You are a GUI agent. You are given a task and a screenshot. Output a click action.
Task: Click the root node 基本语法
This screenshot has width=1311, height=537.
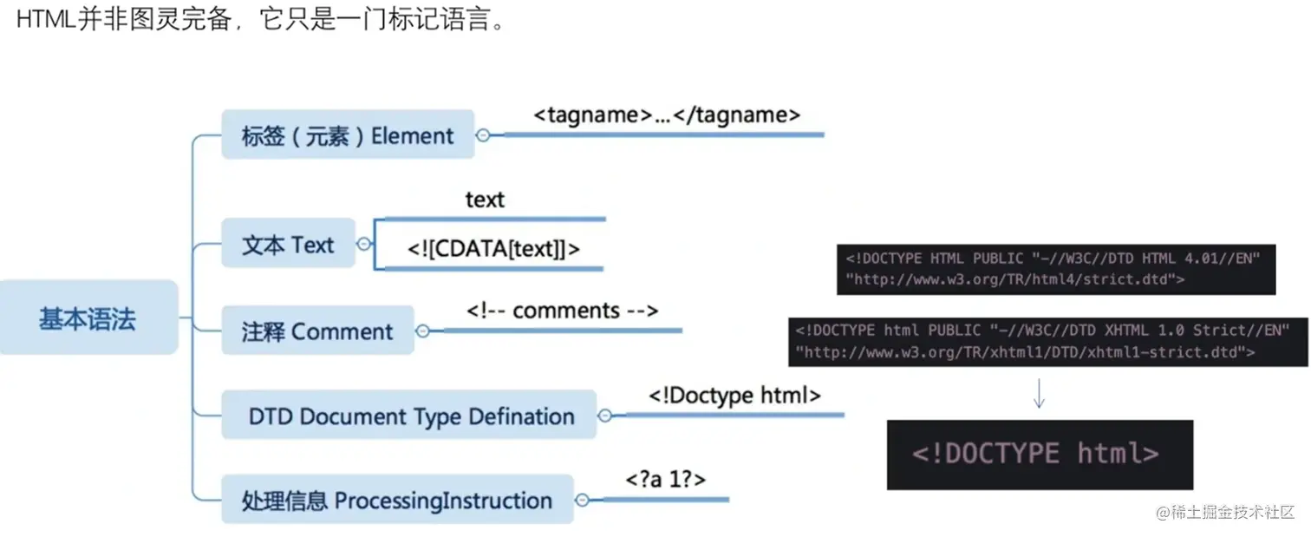[x=88, y=318]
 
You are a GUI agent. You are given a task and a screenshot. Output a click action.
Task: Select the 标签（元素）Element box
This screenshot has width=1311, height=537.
[x=348, y=135]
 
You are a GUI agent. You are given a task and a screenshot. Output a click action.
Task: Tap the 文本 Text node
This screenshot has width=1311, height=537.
[x=288, y=245]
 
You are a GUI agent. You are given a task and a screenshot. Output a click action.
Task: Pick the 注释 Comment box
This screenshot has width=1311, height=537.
[x=317, y=331]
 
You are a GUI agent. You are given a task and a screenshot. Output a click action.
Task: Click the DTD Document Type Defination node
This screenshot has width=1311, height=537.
[x=411, y=416]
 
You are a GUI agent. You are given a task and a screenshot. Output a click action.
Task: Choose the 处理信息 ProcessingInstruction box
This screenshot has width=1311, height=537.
[x=397, y=501]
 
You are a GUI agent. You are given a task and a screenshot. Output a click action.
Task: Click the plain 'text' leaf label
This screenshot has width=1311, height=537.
[x=485, y=200]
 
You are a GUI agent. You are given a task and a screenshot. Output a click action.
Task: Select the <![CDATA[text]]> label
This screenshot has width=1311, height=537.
[x=493, y=249]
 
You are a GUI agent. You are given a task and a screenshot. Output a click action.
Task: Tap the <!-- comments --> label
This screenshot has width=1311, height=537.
[x=563, y=311]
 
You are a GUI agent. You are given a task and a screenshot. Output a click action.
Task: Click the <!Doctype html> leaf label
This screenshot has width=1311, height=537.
[x=734, y=396]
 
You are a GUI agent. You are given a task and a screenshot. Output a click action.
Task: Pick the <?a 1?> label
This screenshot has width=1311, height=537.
[x=665, y=478]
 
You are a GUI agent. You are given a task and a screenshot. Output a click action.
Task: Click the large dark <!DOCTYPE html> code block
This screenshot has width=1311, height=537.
[x=1040, y=454]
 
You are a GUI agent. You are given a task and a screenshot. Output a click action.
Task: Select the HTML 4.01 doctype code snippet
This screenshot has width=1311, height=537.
[x=1055, y=269]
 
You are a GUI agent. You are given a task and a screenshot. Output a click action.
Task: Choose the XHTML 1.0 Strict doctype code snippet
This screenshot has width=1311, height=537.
[x=1047, y=342]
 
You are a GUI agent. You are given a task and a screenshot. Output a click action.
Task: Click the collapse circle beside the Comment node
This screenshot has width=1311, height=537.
[x=423, y=331]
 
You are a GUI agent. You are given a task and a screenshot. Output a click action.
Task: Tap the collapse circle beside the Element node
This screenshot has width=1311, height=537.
[x=483, y=135]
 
